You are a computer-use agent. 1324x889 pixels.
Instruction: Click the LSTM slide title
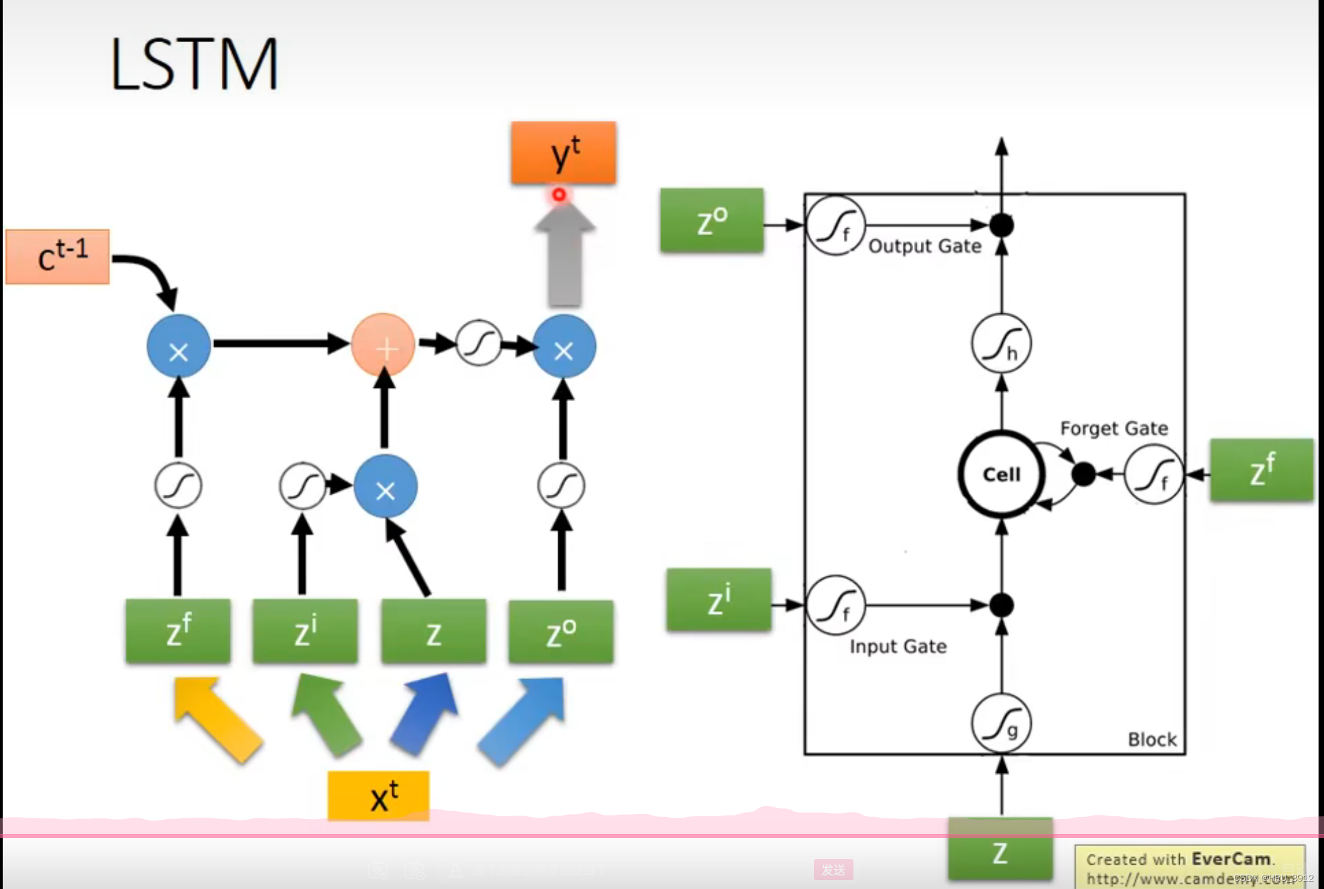(194, 64)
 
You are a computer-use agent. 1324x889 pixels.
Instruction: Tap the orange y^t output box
(564, 153)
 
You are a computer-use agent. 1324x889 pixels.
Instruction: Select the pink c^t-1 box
(58, 256)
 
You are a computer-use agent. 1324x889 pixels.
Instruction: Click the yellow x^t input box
(378, 795)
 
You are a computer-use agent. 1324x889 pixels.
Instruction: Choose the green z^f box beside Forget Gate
(1261, 470)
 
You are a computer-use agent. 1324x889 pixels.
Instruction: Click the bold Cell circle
(1001, 474)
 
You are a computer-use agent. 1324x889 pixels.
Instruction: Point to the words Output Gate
(925, 246)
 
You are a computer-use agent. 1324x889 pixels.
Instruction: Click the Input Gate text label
(898, 646)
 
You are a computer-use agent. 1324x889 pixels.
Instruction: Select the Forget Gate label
(1114, 428)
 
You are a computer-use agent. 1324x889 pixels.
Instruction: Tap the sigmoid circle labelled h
(1001, 344)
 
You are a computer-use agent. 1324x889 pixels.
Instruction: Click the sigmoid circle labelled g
(1001, 723)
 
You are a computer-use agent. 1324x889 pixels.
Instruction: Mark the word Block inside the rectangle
(1152, 739)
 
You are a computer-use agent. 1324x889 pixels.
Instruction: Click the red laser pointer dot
(559, 195)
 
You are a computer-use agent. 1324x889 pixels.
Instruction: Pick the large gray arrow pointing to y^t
(564, 258)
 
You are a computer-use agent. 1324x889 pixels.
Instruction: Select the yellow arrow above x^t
(216, 719)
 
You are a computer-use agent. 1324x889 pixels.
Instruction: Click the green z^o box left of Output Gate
(712, 221)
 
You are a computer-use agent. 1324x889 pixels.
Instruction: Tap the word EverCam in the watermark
(1231, 859)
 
